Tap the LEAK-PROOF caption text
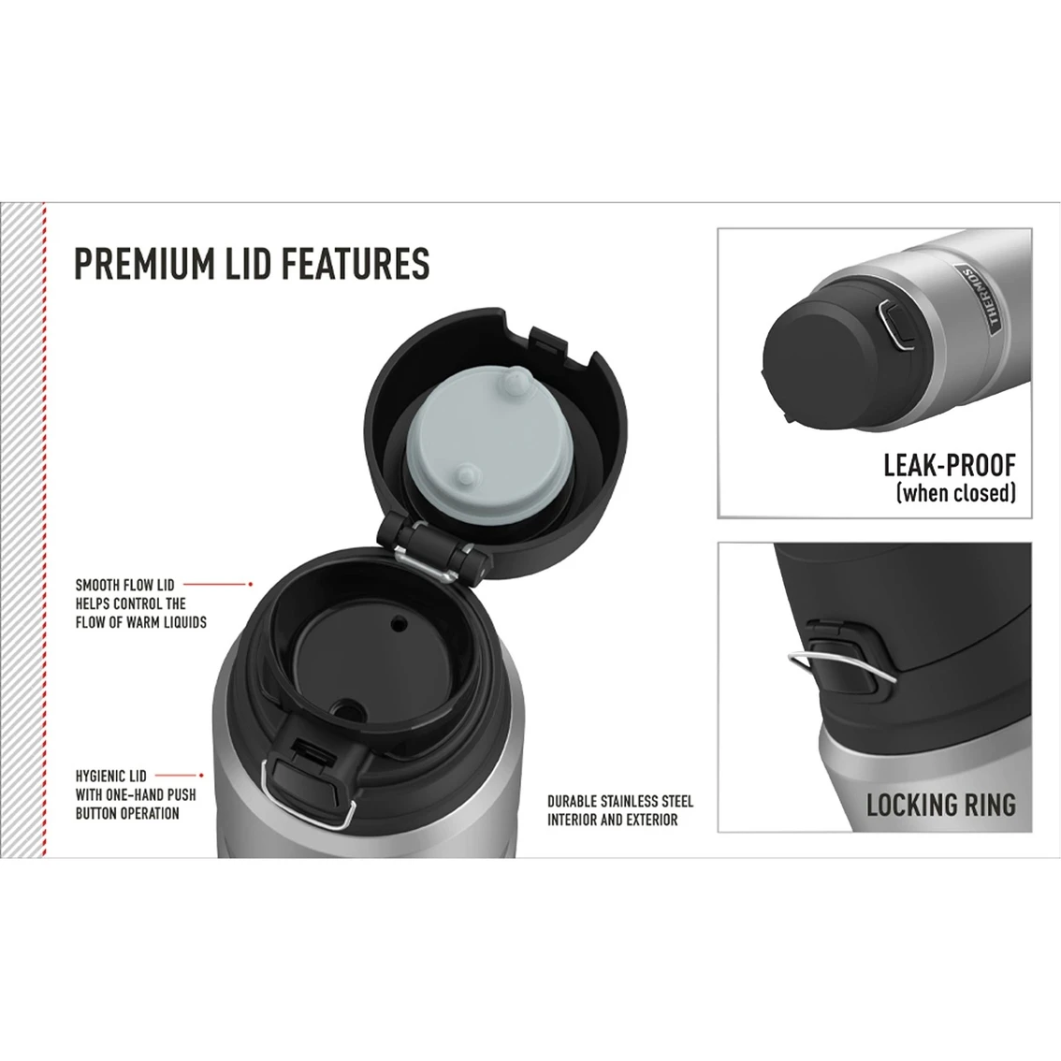(949, 464)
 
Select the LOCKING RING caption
(940, 804)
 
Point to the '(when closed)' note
(955, 493)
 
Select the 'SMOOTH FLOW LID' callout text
(124, 586)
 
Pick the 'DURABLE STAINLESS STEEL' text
(620, 802)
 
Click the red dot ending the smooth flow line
(250, 584)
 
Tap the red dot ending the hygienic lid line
(202, 775)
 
